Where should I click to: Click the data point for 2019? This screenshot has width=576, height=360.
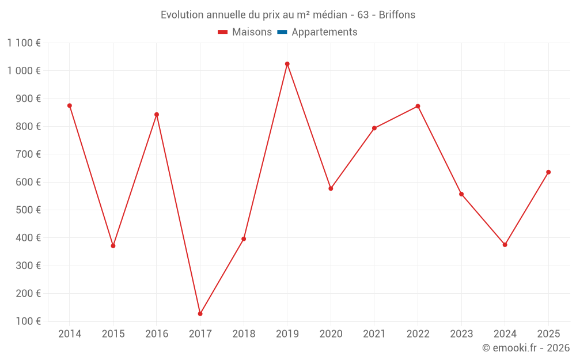(287, 64)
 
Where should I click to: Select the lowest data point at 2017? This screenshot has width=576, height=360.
(200, 314)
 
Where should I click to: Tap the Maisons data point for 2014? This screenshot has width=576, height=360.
(70, 105)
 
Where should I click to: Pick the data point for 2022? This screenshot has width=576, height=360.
(418, 106)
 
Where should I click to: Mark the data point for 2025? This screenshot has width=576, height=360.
(548, 172)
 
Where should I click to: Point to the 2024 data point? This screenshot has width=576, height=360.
(505, 245)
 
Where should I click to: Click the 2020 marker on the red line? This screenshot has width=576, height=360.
(331, 188)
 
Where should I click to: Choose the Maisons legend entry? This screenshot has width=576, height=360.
(245, 32)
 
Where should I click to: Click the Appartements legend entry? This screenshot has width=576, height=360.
(324, 32)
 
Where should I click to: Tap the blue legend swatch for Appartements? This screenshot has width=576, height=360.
(282, 32)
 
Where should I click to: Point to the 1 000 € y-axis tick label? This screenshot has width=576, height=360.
(24, 70)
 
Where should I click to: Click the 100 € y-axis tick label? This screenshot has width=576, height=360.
(29, 321)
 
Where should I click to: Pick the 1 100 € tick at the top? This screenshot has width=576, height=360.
(24, 43)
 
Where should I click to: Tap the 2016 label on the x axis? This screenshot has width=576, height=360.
(157, 334)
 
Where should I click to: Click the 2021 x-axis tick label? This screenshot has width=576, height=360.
(374, 334)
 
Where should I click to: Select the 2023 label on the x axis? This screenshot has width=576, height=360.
(461, 334)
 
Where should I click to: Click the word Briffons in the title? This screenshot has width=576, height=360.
(397, 15)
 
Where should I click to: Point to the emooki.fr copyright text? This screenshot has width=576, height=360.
(525, 348)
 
